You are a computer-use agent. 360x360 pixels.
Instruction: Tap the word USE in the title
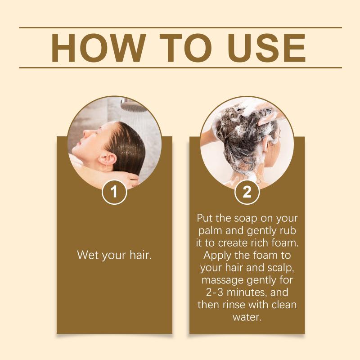[267, 48]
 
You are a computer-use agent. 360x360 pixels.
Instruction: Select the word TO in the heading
[185, 48]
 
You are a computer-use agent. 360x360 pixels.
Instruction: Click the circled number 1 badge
[114, 192]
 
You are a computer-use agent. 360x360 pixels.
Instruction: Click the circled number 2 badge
[247, 192]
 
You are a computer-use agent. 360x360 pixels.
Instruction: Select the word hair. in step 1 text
[140, 255]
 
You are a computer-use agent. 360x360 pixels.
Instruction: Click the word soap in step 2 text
[245, 218]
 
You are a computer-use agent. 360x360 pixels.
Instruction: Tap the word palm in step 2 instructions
[211, 231]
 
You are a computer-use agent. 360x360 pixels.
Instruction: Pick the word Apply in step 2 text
[215, 256]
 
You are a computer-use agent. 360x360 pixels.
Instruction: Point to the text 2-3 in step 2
[215, 292]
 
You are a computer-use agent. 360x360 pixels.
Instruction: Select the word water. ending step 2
[247, 317]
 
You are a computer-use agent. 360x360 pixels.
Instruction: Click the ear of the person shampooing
[266, 144]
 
